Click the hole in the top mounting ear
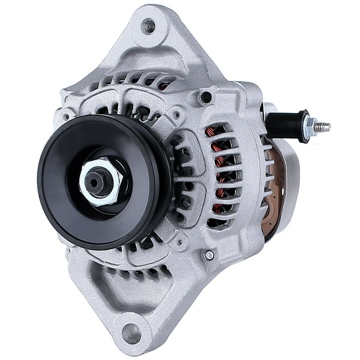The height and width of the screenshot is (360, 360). (149, 26)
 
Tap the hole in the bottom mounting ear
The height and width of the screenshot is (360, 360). (132, 333)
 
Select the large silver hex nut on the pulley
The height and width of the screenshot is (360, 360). (101, 180)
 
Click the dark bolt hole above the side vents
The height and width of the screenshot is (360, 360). (205, 97)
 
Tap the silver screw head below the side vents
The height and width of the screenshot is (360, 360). (209, 255)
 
